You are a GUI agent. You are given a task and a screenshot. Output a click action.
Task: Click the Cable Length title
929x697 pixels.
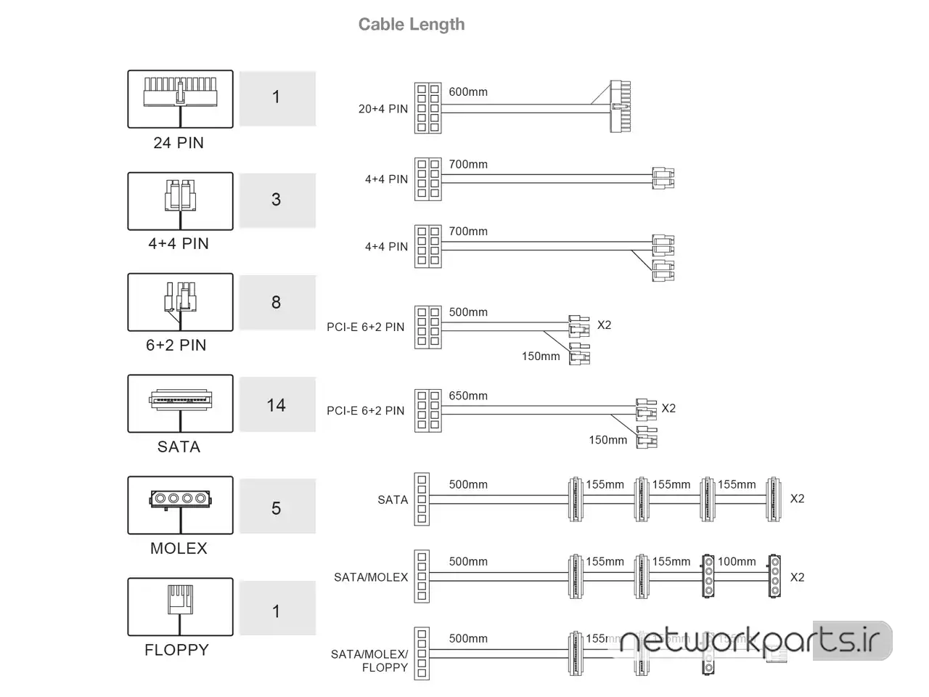point(412,24)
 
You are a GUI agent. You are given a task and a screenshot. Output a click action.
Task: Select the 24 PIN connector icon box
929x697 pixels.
point(180,99)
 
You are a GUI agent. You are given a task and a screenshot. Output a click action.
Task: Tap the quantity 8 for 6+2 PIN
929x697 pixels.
point(277,302)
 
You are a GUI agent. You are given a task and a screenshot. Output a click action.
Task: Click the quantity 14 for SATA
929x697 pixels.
point(277,405)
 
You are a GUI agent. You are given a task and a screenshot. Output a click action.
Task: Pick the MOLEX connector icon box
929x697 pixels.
point(180,505)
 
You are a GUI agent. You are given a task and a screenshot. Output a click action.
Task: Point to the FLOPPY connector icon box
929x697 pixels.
point(180,606)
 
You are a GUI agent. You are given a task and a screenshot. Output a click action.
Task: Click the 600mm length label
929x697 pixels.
point(468,92)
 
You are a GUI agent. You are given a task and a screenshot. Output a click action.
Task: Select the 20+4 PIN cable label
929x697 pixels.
point(383,109)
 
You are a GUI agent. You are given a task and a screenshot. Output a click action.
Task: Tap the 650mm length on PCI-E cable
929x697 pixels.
point(468,396)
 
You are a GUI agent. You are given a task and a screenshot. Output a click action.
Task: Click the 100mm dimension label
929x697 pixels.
point(737,561)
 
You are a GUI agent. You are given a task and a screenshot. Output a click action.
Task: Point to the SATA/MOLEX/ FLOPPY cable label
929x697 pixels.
point(369,661)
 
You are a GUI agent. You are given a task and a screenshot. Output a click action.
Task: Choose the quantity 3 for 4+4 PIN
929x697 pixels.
point(277,200)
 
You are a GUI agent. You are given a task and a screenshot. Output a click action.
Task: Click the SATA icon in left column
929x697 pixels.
point(180,403)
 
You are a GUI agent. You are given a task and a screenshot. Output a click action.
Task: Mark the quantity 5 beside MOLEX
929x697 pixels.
point(277,508)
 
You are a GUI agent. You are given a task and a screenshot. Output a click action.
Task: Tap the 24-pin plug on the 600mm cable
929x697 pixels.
point(620,106)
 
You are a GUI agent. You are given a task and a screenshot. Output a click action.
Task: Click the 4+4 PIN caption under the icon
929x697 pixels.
point(179,244)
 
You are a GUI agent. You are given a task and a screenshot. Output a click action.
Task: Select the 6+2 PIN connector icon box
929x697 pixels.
point(180,302)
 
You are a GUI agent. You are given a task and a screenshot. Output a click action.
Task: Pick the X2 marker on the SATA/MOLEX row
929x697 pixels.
point(797,577)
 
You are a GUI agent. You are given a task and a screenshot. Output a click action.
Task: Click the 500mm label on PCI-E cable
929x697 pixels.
point(468,312)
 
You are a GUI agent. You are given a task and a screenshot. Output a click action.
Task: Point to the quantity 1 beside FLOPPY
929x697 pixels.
point(277,611)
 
